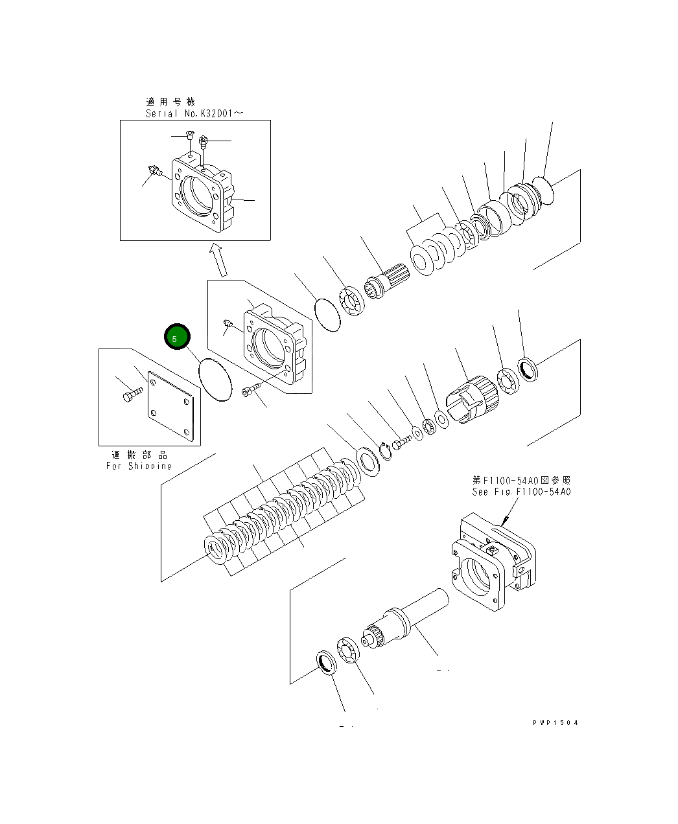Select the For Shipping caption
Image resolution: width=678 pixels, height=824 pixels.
[x=139, y=466]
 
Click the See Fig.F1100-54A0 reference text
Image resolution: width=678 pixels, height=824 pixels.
[x=521, y=492]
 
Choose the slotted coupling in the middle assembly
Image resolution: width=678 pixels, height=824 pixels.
[x=472, y=400]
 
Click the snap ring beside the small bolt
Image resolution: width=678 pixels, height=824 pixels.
[x=387, y=450]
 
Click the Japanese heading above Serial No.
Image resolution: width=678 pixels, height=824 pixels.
[x=170, y=102]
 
